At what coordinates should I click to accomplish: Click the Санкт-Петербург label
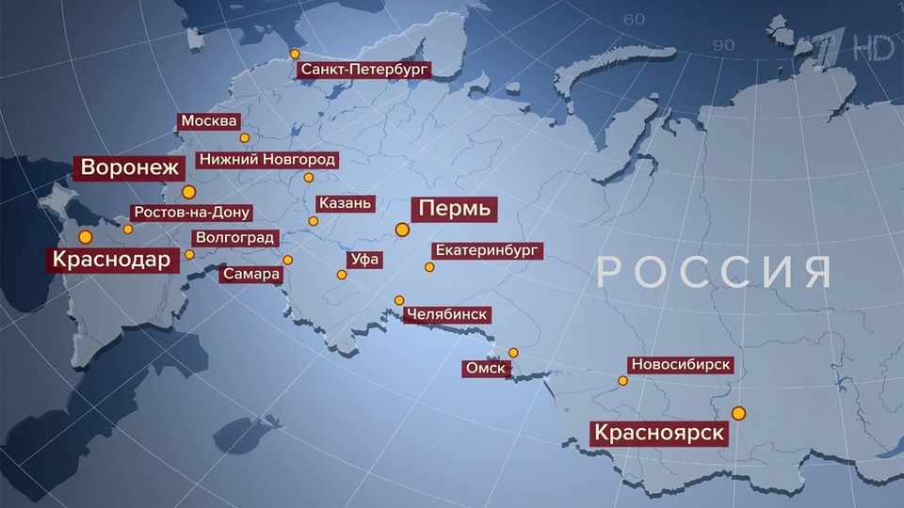[x=363, y=70]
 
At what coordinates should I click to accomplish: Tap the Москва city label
[x=210, y=122]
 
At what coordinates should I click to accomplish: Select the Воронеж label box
[x=130, y=168]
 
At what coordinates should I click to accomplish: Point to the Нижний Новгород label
[x=266, y=160]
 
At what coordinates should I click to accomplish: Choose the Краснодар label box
[x=112, y=259]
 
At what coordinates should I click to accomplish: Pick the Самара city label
[x=251, y=275]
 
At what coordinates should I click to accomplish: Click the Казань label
[x=347, y=203]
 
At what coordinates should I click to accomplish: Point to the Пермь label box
[x=455, y=209]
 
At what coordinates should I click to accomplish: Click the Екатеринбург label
[x=487, y=251]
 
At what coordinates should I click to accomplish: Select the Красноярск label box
[x=658, y=433]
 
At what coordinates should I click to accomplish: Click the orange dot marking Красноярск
[x=738, y=413]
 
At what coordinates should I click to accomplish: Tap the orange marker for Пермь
[x=402, y=229]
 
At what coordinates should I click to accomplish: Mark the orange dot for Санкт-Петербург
[x=295, y=54]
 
